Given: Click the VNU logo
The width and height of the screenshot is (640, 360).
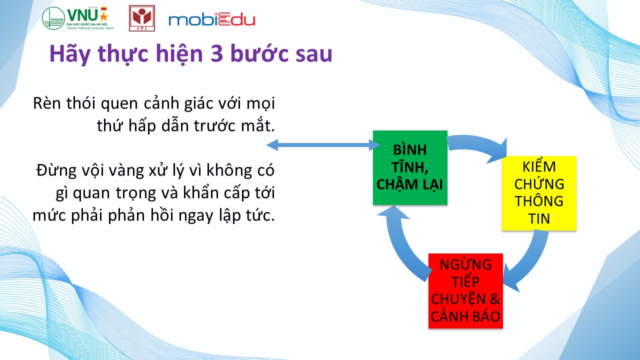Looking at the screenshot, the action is [x=78, y=18].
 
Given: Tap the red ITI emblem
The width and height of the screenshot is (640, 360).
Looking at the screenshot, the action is [x=142, y=18].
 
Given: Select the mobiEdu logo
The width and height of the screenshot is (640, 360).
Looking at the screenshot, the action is [x=211, y=19].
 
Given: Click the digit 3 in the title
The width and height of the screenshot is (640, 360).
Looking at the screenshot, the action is [x=217, y=53].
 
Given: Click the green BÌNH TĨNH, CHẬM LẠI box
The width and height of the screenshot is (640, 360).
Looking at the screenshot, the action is [x=410, y=167].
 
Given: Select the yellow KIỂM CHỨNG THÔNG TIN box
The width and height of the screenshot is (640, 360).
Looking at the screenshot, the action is [x=539, y=193].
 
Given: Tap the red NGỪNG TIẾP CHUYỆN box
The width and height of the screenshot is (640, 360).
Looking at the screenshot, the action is [x=465, y=291].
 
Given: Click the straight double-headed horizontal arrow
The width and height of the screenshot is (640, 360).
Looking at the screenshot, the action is [x=323, y=145].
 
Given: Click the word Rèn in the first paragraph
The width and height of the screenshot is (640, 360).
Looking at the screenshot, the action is [x=47, y=103].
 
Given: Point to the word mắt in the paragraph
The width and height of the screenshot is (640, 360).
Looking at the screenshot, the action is [x=257, y=125].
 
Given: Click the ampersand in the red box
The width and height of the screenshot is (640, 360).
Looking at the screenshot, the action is [x=494, y=299].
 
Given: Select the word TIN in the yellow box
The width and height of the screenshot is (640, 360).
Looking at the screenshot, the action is [x=539, y=219].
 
